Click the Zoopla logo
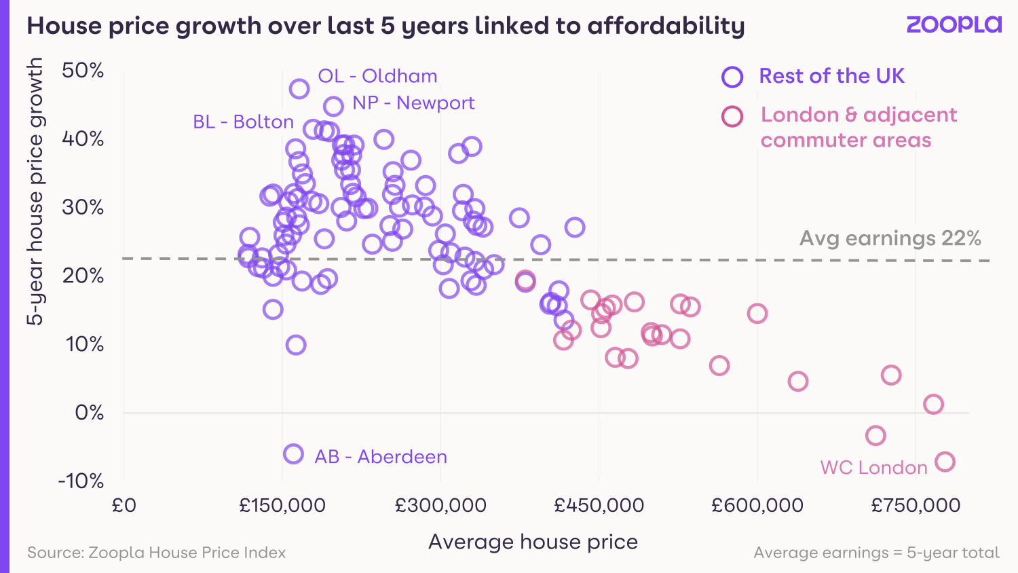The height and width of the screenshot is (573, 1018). point(954,24)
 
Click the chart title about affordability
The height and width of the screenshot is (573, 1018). point(385,26)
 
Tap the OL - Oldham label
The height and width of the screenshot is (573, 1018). point(377,76)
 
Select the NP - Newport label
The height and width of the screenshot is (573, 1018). point(413,103)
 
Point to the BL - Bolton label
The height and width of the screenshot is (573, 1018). point(243,122)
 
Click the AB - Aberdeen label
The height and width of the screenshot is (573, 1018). point(381,457)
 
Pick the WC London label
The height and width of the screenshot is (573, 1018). point(873,468)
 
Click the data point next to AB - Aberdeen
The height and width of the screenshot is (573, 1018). point(293,454)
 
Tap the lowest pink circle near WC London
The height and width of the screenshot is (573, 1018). point(945,462)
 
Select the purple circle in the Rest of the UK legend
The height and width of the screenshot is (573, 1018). point(732,77)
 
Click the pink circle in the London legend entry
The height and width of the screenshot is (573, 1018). point(732,117)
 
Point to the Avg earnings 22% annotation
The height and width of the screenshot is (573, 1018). point(890,238)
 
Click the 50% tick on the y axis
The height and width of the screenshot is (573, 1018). point(83,71)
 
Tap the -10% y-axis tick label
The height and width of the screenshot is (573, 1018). point(81,481)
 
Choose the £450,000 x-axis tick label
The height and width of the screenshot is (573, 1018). point(599,506)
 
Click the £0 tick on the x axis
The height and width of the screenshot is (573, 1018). point(124,506)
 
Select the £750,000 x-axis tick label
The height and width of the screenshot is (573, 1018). point(916,506)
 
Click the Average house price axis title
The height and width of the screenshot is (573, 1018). point(533,542)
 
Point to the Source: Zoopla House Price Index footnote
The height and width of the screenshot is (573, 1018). point(156,553)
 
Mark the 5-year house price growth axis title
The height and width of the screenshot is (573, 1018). point(35,191)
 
